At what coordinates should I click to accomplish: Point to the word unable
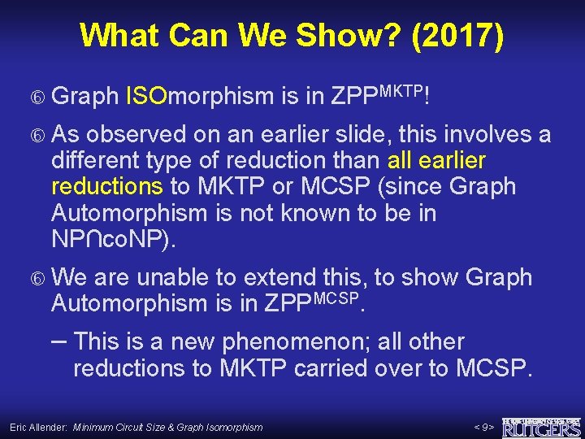(174, 277)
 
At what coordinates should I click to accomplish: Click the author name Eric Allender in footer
(38, 427)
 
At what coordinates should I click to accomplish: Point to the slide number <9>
(483, 427)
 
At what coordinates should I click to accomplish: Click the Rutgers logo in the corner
(541, 426)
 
